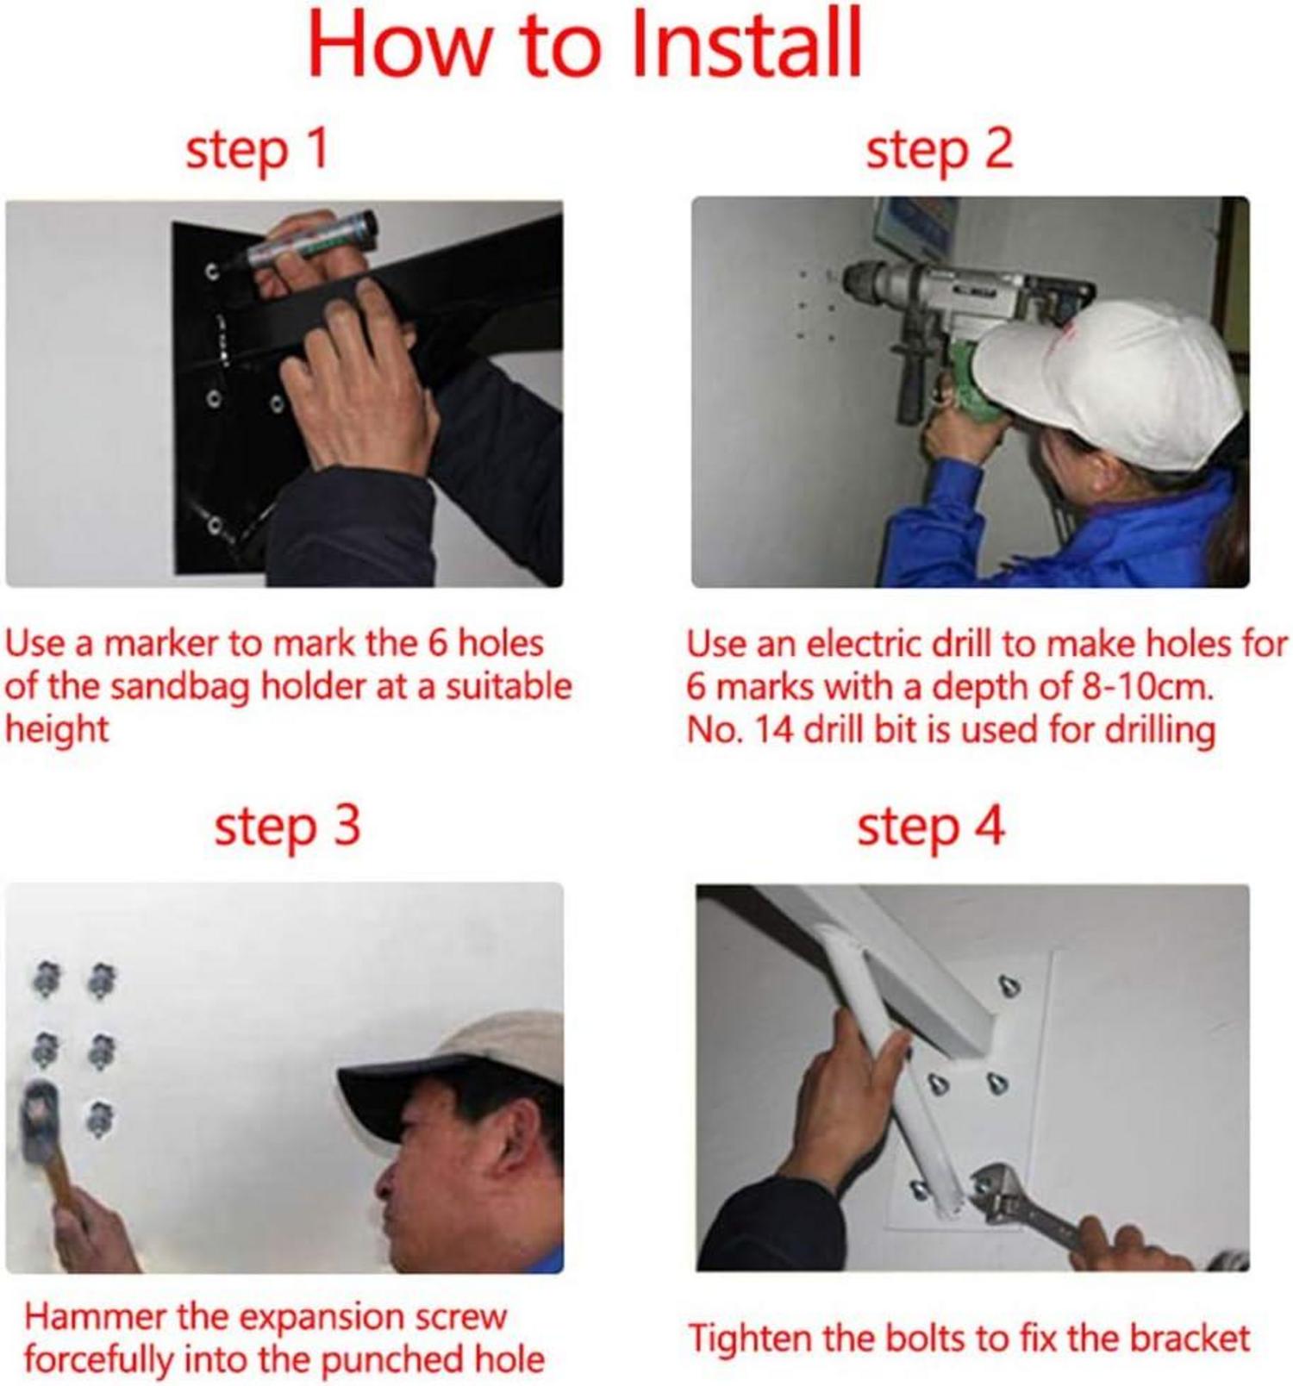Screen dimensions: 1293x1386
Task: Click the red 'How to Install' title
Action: (x=584, y=43)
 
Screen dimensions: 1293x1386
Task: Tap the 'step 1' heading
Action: (x=257, y=149)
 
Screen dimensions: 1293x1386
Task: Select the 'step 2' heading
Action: (x=939, y=149)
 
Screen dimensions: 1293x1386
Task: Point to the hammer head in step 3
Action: (x=39, y=1121)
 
